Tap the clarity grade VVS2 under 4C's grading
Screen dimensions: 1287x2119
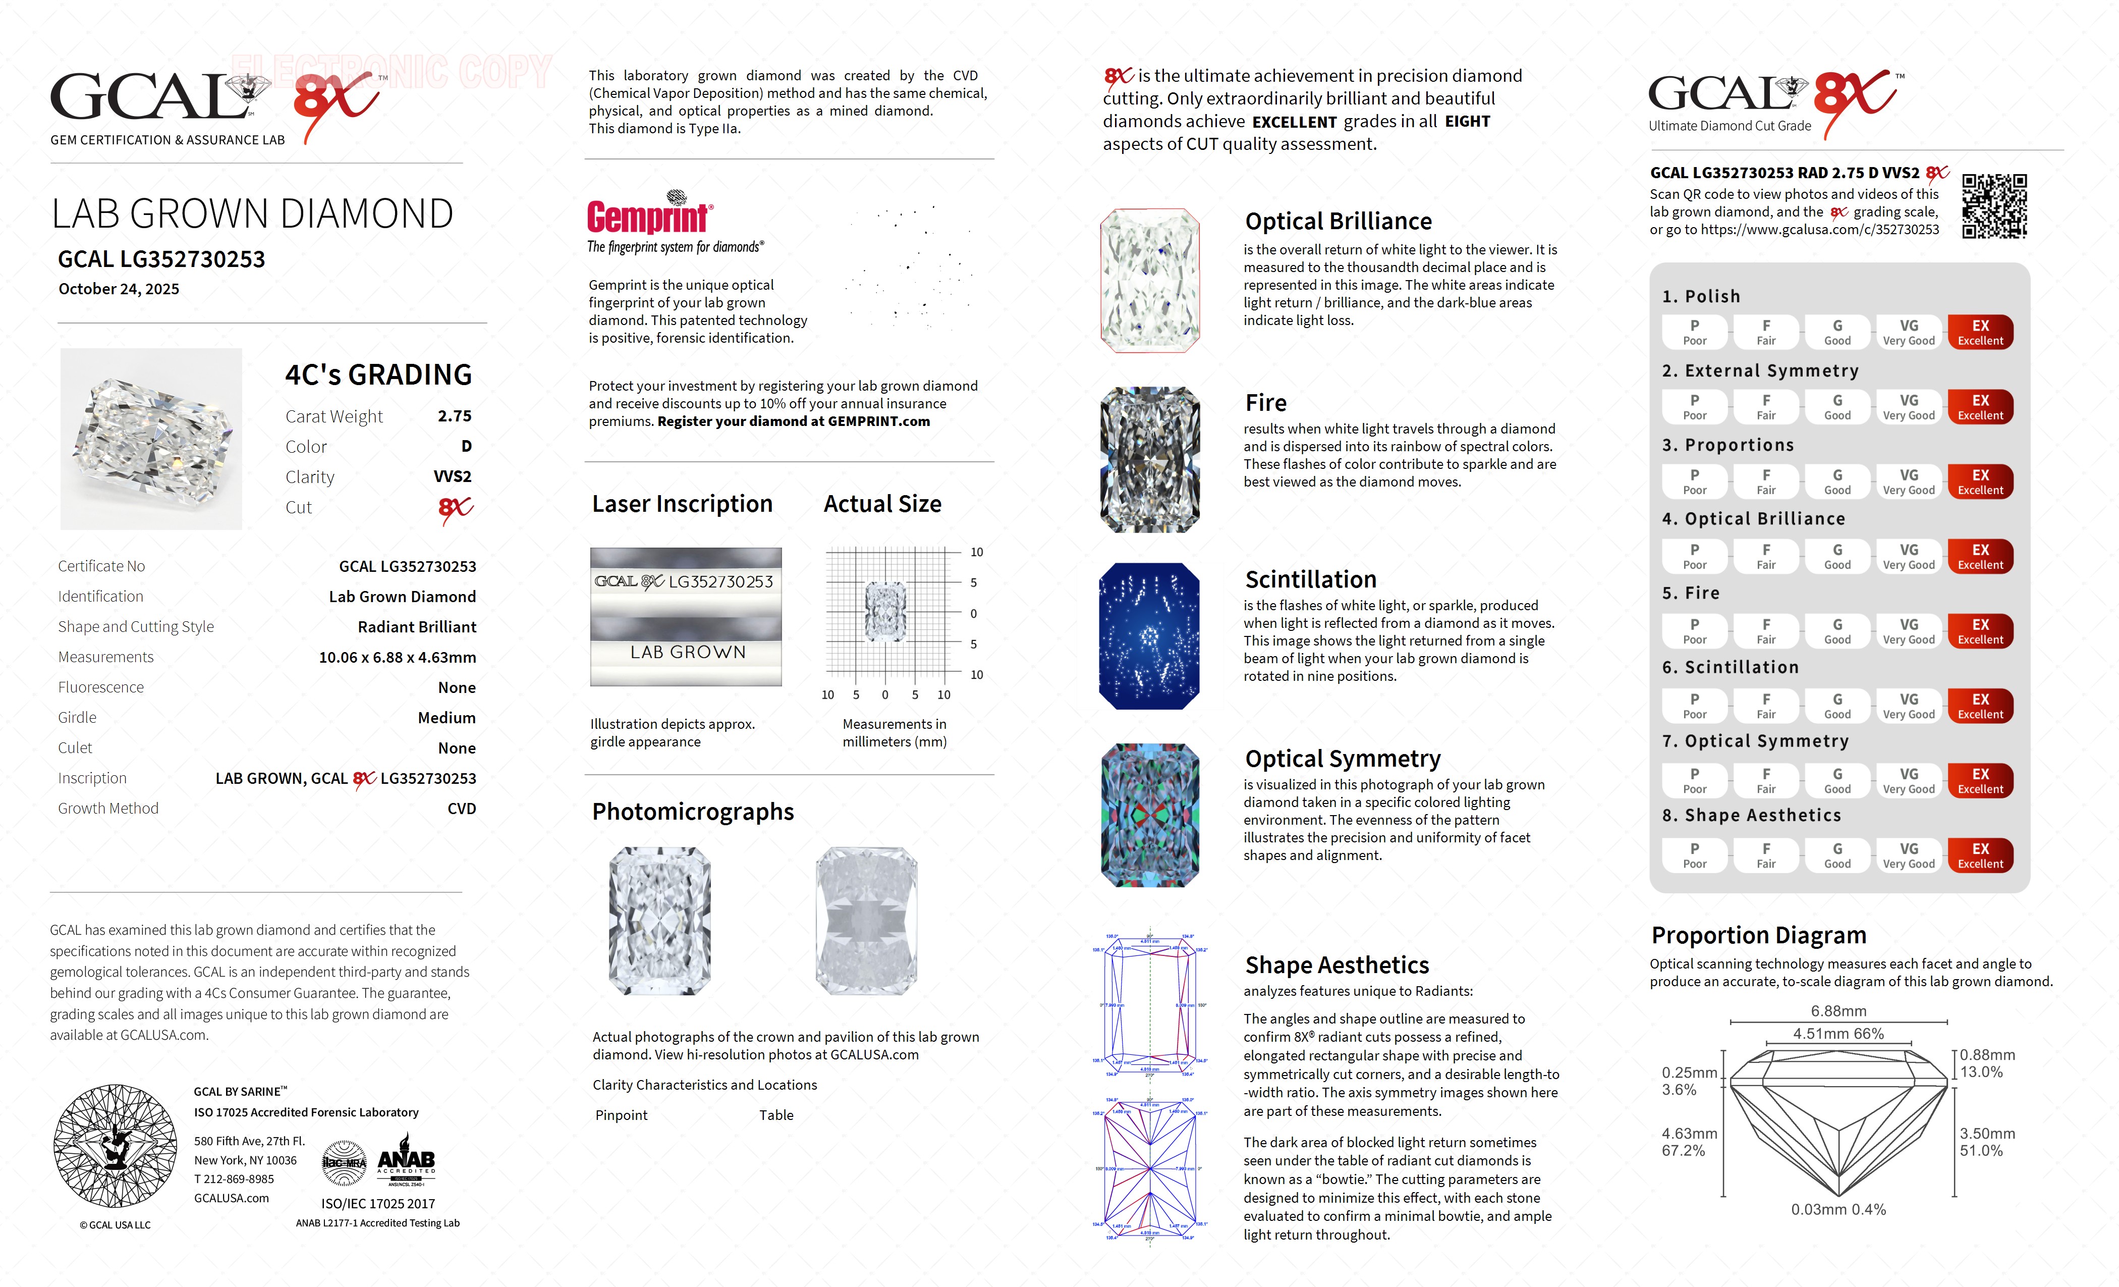pyautogui.click(x=453, y=476)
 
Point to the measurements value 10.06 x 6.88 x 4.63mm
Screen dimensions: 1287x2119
pyautogui.click(x=398, y=657)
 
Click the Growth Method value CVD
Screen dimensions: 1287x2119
pyautogui.click(x=462, y=809)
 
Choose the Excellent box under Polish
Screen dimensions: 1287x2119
pyautogui.click(x=1980, y=332)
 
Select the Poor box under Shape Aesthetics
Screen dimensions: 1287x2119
pyautogui.click(x=1694, y=855)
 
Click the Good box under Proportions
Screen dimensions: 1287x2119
pyautogui.click(x=1837, y=482)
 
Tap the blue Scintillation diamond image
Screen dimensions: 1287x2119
pyautogui.click(x=1149, y=636)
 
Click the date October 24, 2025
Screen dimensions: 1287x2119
pyautogui.click(x=119, y=289)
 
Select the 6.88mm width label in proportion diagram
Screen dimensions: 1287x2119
pyautogui.click(x=1838, y=1011)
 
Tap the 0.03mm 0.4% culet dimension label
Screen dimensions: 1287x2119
pyautogui.click(x=1838, y=1210)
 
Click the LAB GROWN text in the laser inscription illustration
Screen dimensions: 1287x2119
pyautogui.click(x=687, y=652)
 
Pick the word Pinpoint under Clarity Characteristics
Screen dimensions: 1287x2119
pyautogui.click(x=621, y=1115)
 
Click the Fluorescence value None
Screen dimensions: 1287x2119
pyautogui.click(x=457, y=687)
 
